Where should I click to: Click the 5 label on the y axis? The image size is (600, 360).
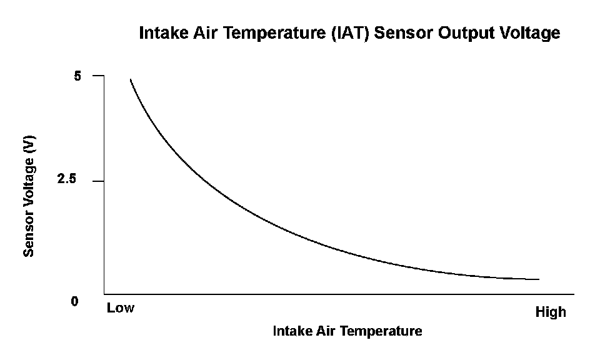pos(77,76)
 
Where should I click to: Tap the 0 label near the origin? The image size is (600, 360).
pos(75,302)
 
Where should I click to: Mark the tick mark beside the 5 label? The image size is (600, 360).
pos(98,76)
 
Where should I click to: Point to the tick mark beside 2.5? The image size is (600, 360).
pos(98,181)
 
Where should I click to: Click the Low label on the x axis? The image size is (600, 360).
pos(121,308)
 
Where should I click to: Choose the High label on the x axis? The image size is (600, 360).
pos(551,312)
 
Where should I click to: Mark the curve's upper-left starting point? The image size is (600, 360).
pos(130,79)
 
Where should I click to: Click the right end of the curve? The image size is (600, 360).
pos(538,279)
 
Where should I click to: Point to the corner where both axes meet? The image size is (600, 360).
pos(104,294)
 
